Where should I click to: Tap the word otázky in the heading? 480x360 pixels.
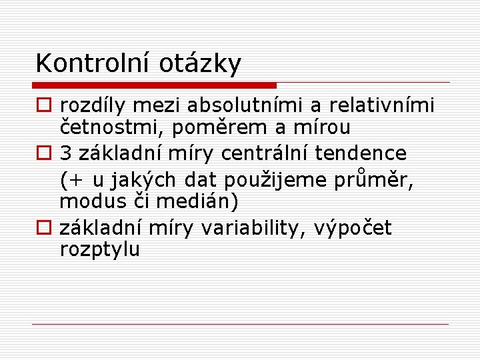[x=200, y=65]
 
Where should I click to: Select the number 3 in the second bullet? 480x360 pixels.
[x=66, y=153]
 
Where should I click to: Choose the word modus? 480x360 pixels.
[x=93, y=201]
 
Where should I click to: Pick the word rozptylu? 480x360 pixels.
[x=100, y=250]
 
